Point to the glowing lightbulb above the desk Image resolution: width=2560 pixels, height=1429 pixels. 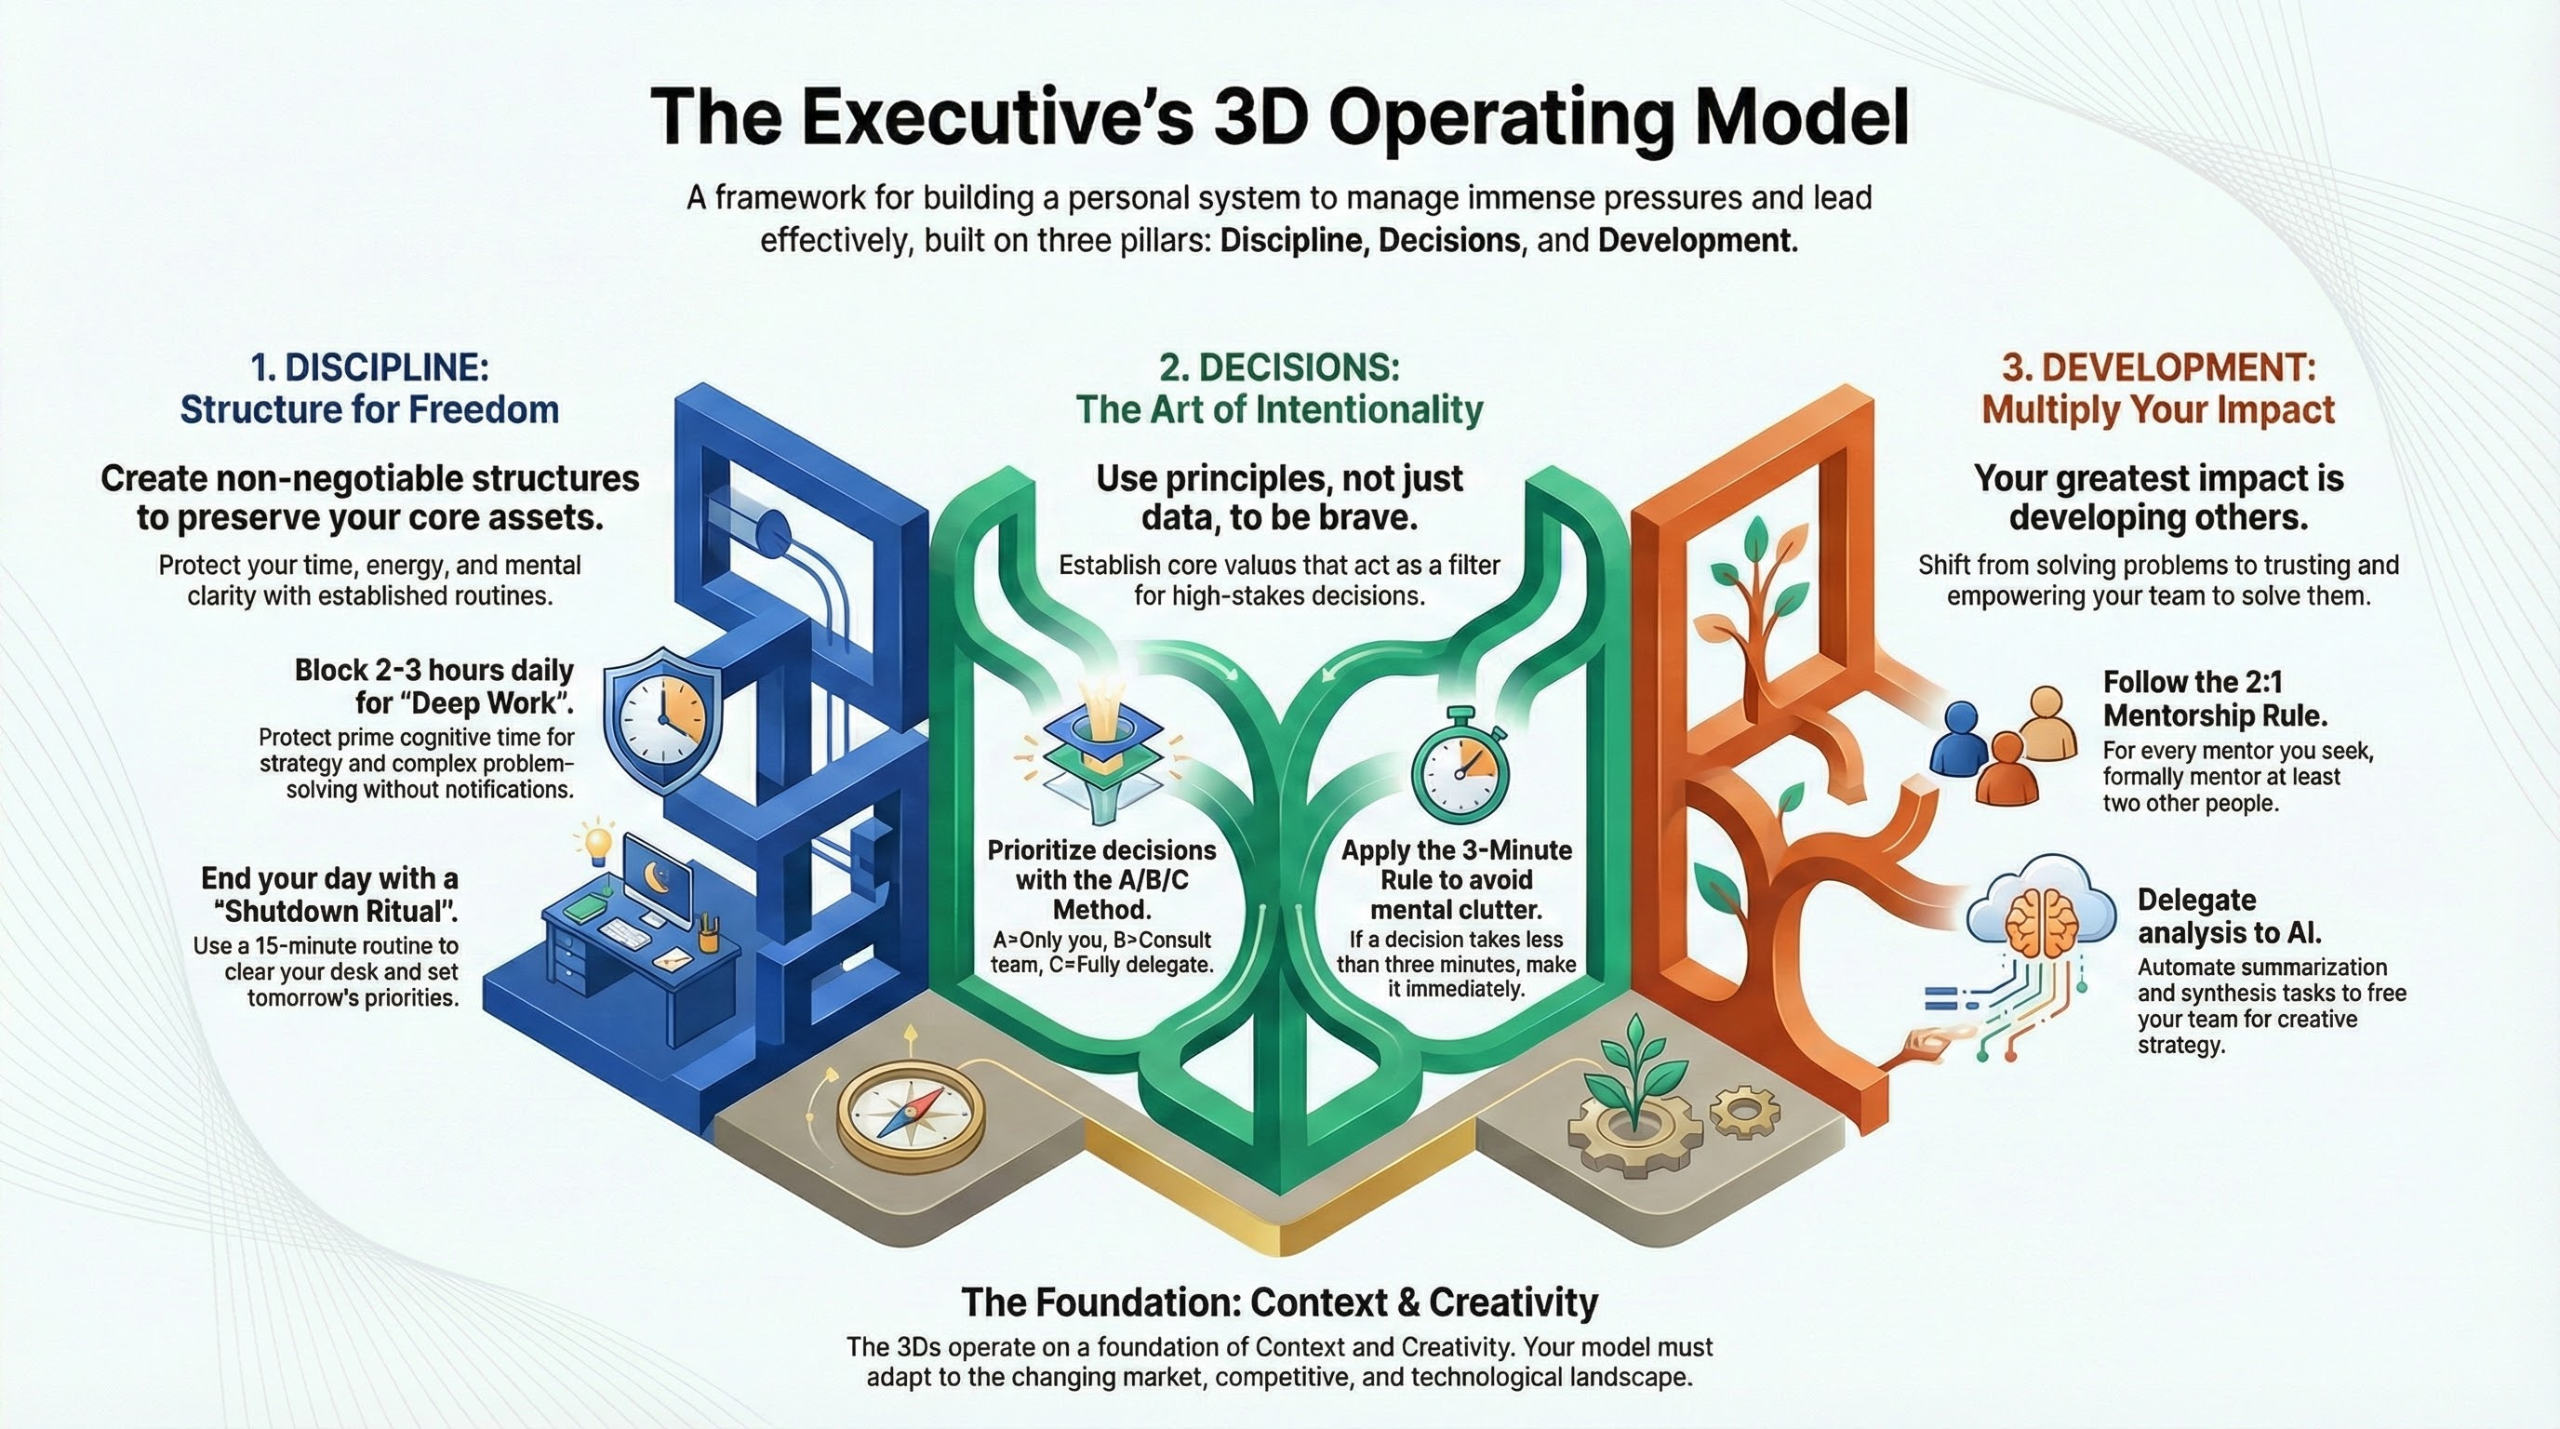pyautogui.click(x=597, y=842)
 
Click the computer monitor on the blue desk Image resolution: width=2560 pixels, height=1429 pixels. pyautogui.click(x=658, y=880)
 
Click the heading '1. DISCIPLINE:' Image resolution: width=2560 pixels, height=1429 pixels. pyautogui.click(x=369, y=367)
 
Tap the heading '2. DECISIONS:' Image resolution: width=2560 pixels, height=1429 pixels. pyautogui.click(x=1279, y=367)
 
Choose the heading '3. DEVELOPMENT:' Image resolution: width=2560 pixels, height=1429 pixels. pyautogui.click(x=2157, y=367)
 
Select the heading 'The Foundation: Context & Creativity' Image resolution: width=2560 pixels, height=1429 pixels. pyautogui.click(x=1279, y=1302)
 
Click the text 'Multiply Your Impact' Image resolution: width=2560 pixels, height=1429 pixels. pyautogui.click(x=2157, y=409)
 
